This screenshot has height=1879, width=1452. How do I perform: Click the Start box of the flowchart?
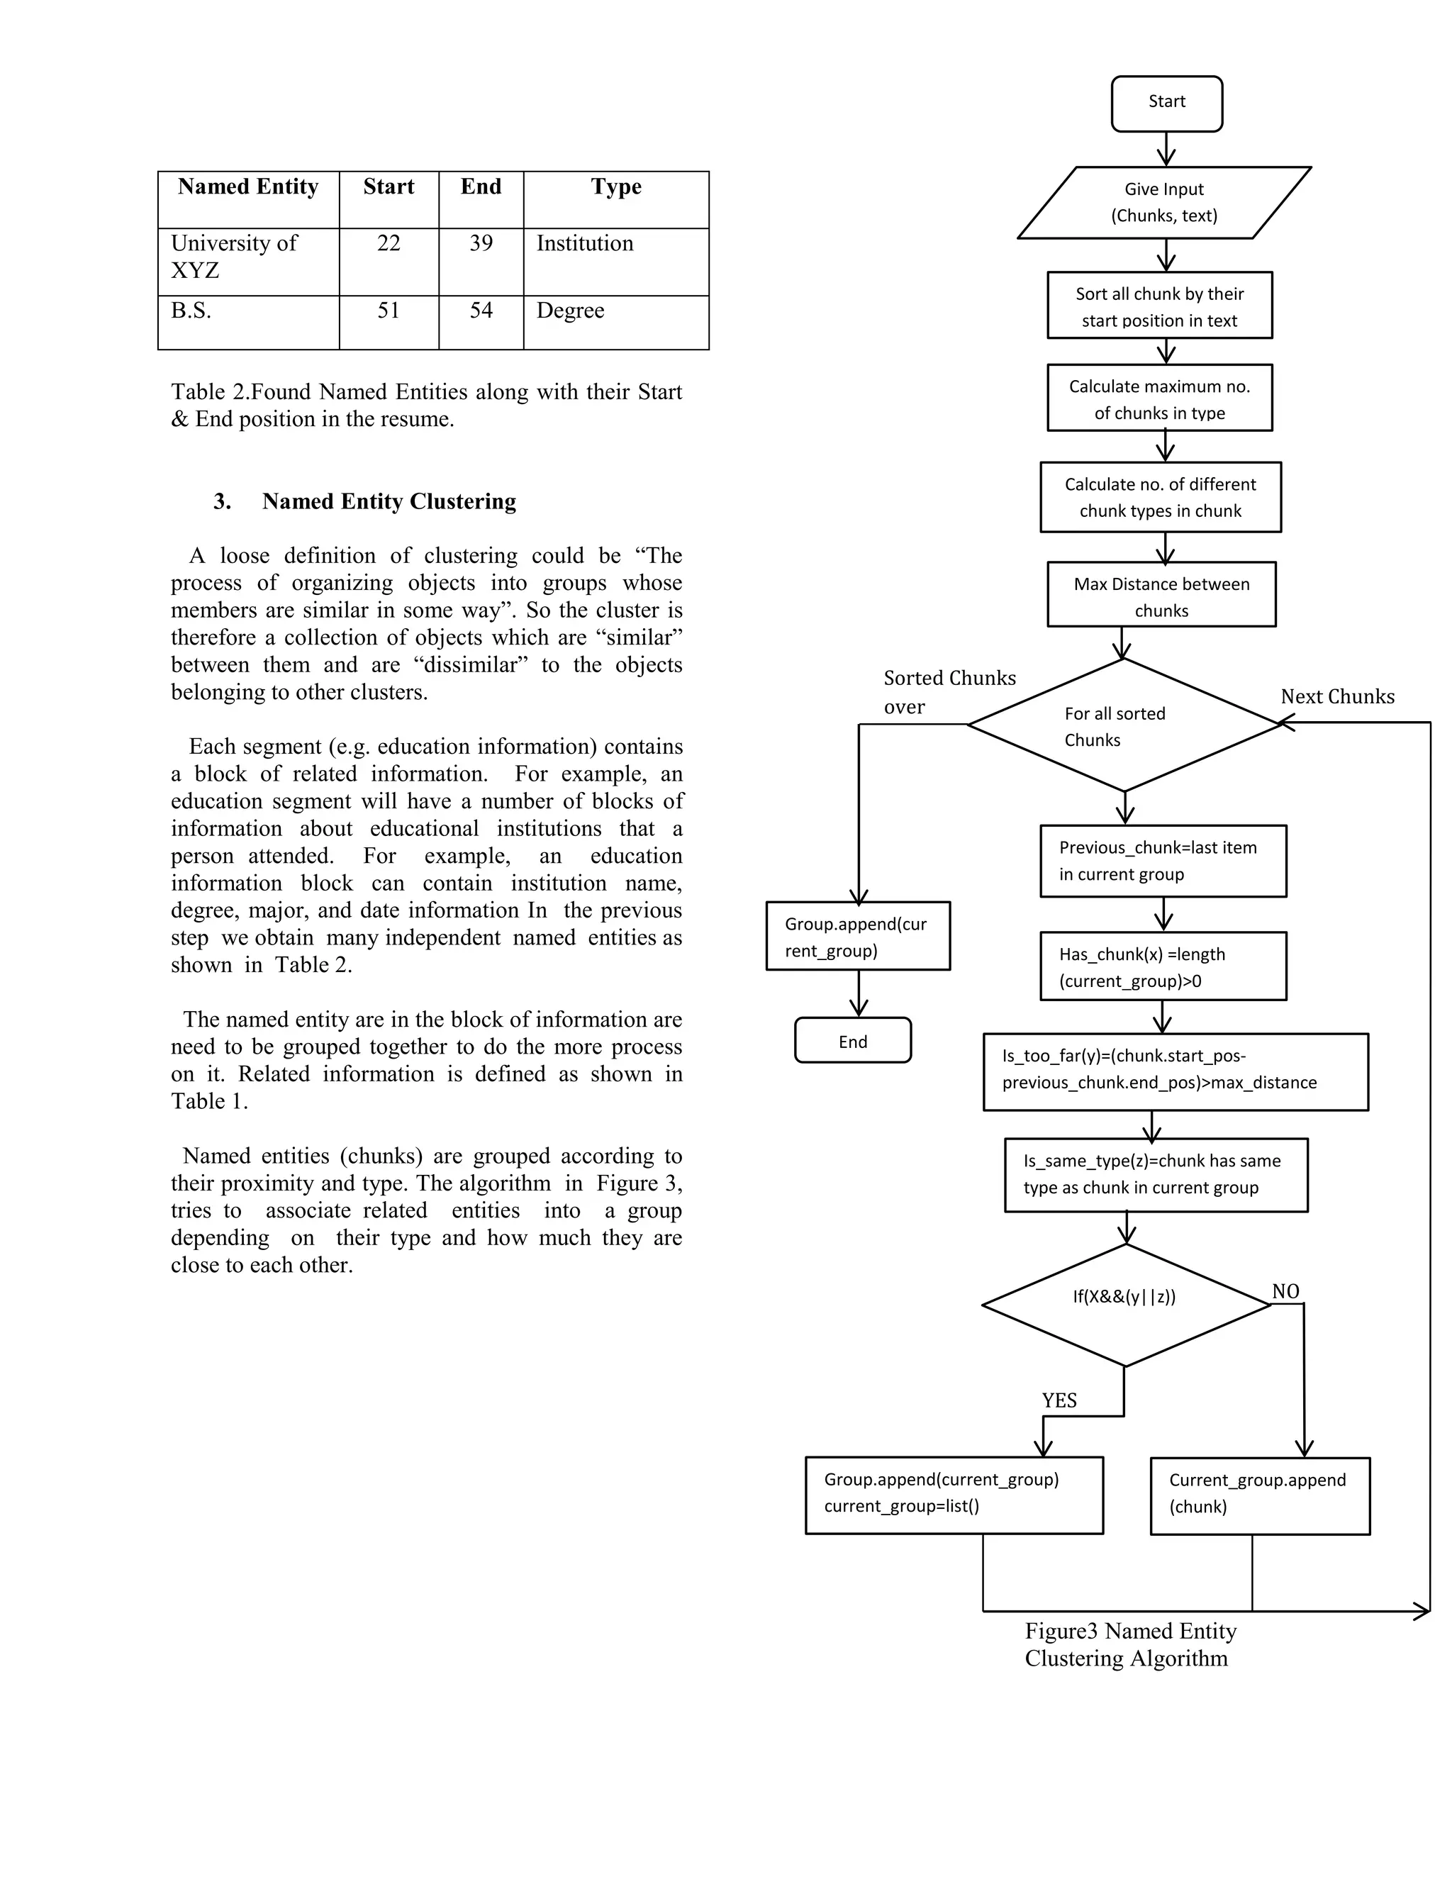click(x=1166, y=104)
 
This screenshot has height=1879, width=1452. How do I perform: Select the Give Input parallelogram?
click(x=1164, y=203)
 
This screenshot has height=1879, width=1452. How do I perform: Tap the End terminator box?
click(x=852, y=1041)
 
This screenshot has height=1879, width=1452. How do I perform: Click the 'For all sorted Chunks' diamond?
click(x=1124, y=725)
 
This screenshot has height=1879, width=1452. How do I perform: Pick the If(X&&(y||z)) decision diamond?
click(x=1125, y=1304)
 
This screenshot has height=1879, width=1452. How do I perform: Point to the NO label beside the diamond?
click(x=1285, y=1291)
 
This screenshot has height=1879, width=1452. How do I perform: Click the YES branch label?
click(x=1059, y=1400)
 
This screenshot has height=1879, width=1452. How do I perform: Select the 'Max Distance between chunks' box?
click(x=1161, y=596)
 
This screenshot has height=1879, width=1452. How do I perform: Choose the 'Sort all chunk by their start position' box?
click(x=1159, y=306)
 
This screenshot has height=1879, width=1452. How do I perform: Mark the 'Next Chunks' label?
click(x=1336, y=697)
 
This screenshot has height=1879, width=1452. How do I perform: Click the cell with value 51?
click(x=389, y=311)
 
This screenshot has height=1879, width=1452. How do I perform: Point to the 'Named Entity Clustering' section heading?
click(x=389, y=501)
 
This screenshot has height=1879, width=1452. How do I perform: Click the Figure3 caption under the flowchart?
click(x=1129, y=1644)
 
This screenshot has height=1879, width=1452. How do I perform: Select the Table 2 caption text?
click(x=426, y=405)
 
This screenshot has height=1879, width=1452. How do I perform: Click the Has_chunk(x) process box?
click(x=1163, y=966)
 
